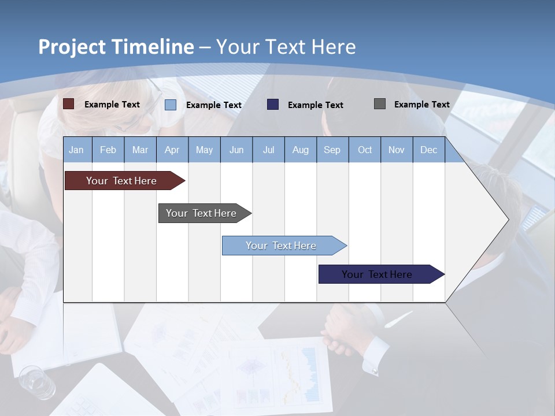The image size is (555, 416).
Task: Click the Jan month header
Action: tap(77, 150)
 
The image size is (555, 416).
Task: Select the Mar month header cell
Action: tap(140, 150)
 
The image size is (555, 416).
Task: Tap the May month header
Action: tap(204, 150)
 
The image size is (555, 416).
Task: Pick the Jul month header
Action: tap(268, 150)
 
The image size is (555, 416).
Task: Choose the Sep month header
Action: tap(332, 150)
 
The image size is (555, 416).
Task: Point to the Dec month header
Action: tap(428, 150)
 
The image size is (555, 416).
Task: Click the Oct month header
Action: tap(365, 150)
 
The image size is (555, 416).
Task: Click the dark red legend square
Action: tap(69, 104)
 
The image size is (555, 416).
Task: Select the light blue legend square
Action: tap(171, 105)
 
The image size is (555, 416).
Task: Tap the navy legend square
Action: tap(273, 105)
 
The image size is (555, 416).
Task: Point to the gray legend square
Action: tap(380, 104)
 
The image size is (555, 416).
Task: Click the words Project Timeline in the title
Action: tap(116, 47)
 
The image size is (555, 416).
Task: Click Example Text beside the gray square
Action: tap(421, 105)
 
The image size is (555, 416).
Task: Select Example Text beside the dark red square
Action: tap(112, 105)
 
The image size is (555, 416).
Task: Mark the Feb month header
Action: tap(108, 150)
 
